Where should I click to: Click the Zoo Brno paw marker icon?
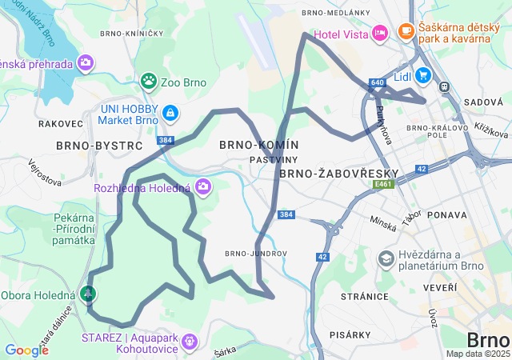[x=149, y=80]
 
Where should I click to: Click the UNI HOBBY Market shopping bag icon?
[x=170, y=114]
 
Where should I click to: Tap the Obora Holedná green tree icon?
[x=87, y=295]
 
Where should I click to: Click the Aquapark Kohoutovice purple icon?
[x=189, y=342]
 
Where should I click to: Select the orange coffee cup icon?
[x=406, y=31]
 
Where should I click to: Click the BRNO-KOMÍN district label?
[x=258, y=145]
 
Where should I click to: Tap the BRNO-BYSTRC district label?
[x=99, y=146]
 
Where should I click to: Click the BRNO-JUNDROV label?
[x=255, y=254]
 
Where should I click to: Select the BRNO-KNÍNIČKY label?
[x=132, y=34]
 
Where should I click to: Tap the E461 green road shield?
[x=384, y=184]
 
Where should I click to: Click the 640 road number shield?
[x=378, y=82]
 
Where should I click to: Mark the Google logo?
[x=26, y=350]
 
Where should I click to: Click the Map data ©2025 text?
[x=478, y=354]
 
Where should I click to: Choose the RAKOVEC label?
[x=60, y=124]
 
